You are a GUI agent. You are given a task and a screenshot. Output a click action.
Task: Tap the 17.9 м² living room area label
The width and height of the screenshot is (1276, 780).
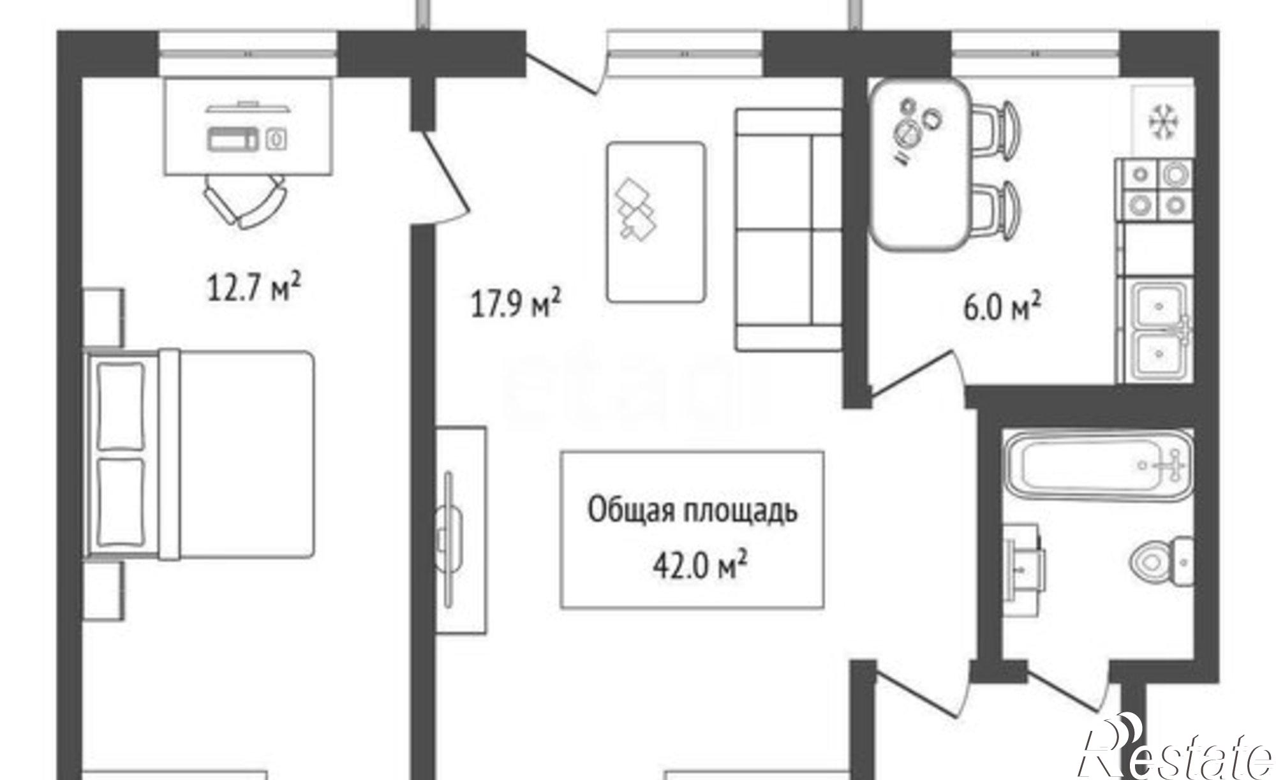(x=516, y=304)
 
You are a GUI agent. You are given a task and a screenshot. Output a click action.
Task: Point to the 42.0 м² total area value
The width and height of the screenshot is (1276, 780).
(x=699, y=566)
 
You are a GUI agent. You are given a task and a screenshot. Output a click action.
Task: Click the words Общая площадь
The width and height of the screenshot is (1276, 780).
(x=692, y=512)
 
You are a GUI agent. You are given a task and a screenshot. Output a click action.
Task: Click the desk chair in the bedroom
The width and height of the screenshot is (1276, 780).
(x=245, y=199)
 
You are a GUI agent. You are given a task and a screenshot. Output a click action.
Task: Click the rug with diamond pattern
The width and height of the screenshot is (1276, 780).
(x=656, y=221)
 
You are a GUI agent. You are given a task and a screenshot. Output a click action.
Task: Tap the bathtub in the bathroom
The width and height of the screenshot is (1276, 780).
(x=1097, y=465)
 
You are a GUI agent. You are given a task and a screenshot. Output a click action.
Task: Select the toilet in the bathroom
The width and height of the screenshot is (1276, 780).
(x=1161, y=561)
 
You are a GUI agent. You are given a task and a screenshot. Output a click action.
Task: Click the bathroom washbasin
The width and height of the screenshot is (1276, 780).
(x=1023, y=561)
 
